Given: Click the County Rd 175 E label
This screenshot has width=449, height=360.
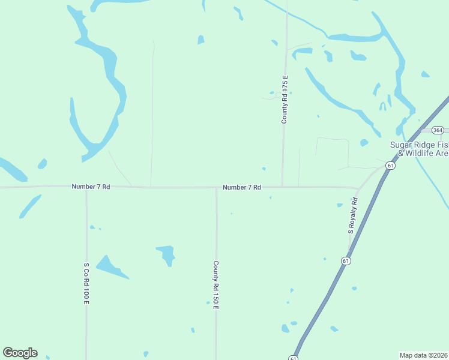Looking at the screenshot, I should click(x=285, y=99).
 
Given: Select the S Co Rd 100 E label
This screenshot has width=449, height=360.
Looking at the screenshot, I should click(x=86, y=283).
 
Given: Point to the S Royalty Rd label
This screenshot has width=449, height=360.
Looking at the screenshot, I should click(x=353, y=215).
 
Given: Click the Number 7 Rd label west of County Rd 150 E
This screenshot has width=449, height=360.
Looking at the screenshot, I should click(x=91, y=187).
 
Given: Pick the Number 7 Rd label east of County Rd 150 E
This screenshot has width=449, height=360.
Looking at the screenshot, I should click(x=241, y=187).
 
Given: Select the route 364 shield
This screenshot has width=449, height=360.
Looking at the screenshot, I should click(x=438, y=130).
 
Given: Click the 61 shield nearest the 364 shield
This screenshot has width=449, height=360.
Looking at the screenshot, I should click(x=390, y=166).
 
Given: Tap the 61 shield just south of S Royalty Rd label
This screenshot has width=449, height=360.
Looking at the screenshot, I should click(x=346, y=260).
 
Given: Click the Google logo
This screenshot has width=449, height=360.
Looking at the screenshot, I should click(x=20, y=353).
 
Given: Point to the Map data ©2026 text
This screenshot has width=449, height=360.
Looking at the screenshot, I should click(x=423, y=355).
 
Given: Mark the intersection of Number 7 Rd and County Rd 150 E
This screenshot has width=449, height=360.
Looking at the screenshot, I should click(x=217, y=187).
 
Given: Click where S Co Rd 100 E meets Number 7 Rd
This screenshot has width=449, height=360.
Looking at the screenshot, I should click(x=86, y=187).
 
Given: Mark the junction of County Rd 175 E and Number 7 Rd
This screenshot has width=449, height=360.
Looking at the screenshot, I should click(x=283, y=187).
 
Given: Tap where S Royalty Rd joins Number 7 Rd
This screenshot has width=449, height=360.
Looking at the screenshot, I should click(x=358, y=188).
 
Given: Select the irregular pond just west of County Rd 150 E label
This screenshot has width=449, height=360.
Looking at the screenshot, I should click(x=166, y=254).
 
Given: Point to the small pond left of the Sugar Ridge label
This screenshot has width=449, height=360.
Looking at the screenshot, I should click(x=364, y=143).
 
